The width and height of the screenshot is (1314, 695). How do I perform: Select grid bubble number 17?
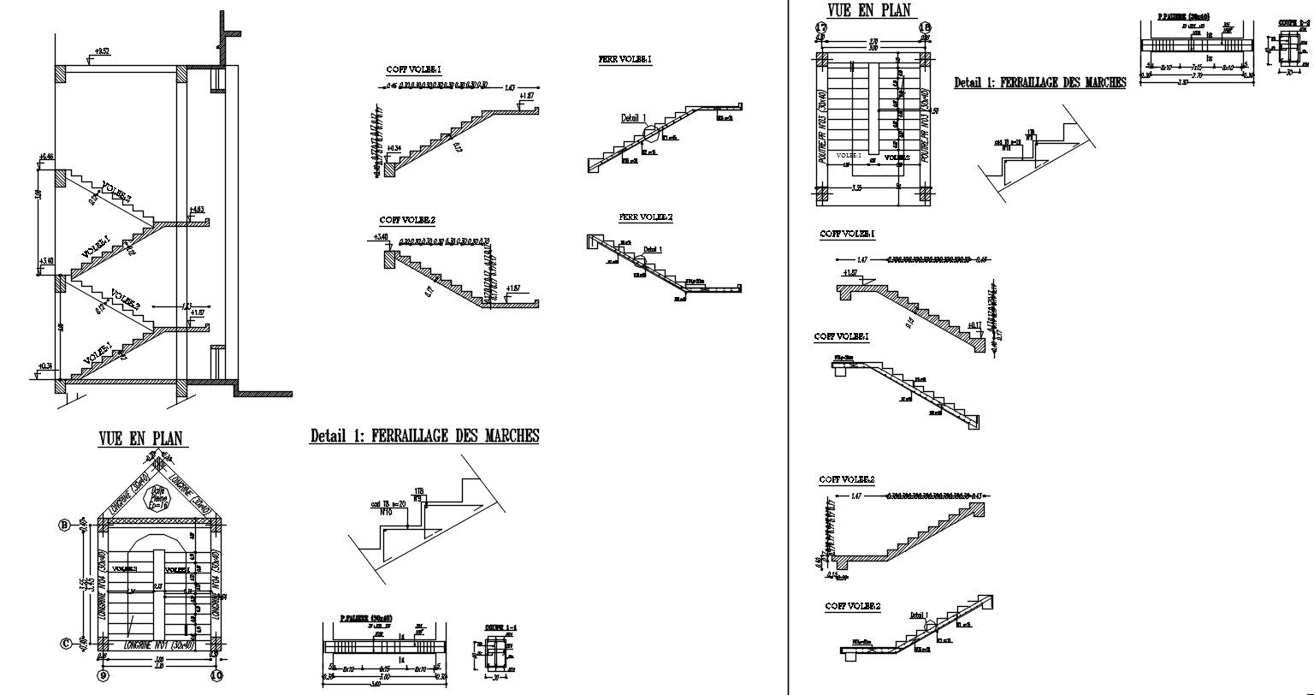pyautogui.click(x=820, y=27)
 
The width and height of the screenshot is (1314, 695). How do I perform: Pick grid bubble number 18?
pyautogui.click(x=924, y=27)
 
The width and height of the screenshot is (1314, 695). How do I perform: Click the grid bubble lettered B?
pyautogui.click(x=62, y=526)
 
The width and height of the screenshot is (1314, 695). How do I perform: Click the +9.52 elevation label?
pyautogui.click(x=102, y=52)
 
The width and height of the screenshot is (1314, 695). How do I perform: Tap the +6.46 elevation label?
pyautogui.click(x=45, y=157)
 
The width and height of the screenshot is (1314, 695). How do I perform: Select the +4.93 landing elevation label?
pyautogui.click(x=196, y=210)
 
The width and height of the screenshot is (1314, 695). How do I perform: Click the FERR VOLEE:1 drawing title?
pyautogui.click(x=624, y=60)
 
